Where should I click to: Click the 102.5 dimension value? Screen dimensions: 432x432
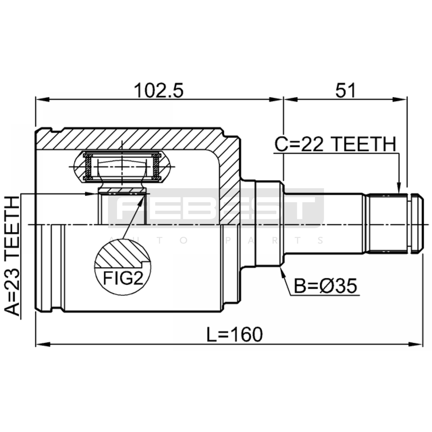(x=159, y=90)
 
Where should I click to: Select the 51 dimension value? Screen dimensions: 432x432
(x=346, y=90)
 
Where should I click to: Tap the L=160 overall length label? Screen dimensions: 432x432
(x=234, y=335)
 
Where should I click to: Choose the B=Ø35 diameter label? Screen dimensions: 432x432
(x=325, y=286)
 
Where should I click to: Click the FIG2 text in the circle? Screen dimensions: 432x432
(x=123, y=278)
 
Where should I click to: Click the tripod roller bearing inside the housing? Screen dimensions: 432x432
(x=122, y=167)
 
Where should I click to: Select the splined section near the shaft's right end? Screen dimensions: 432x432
(x=388, y=223)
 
